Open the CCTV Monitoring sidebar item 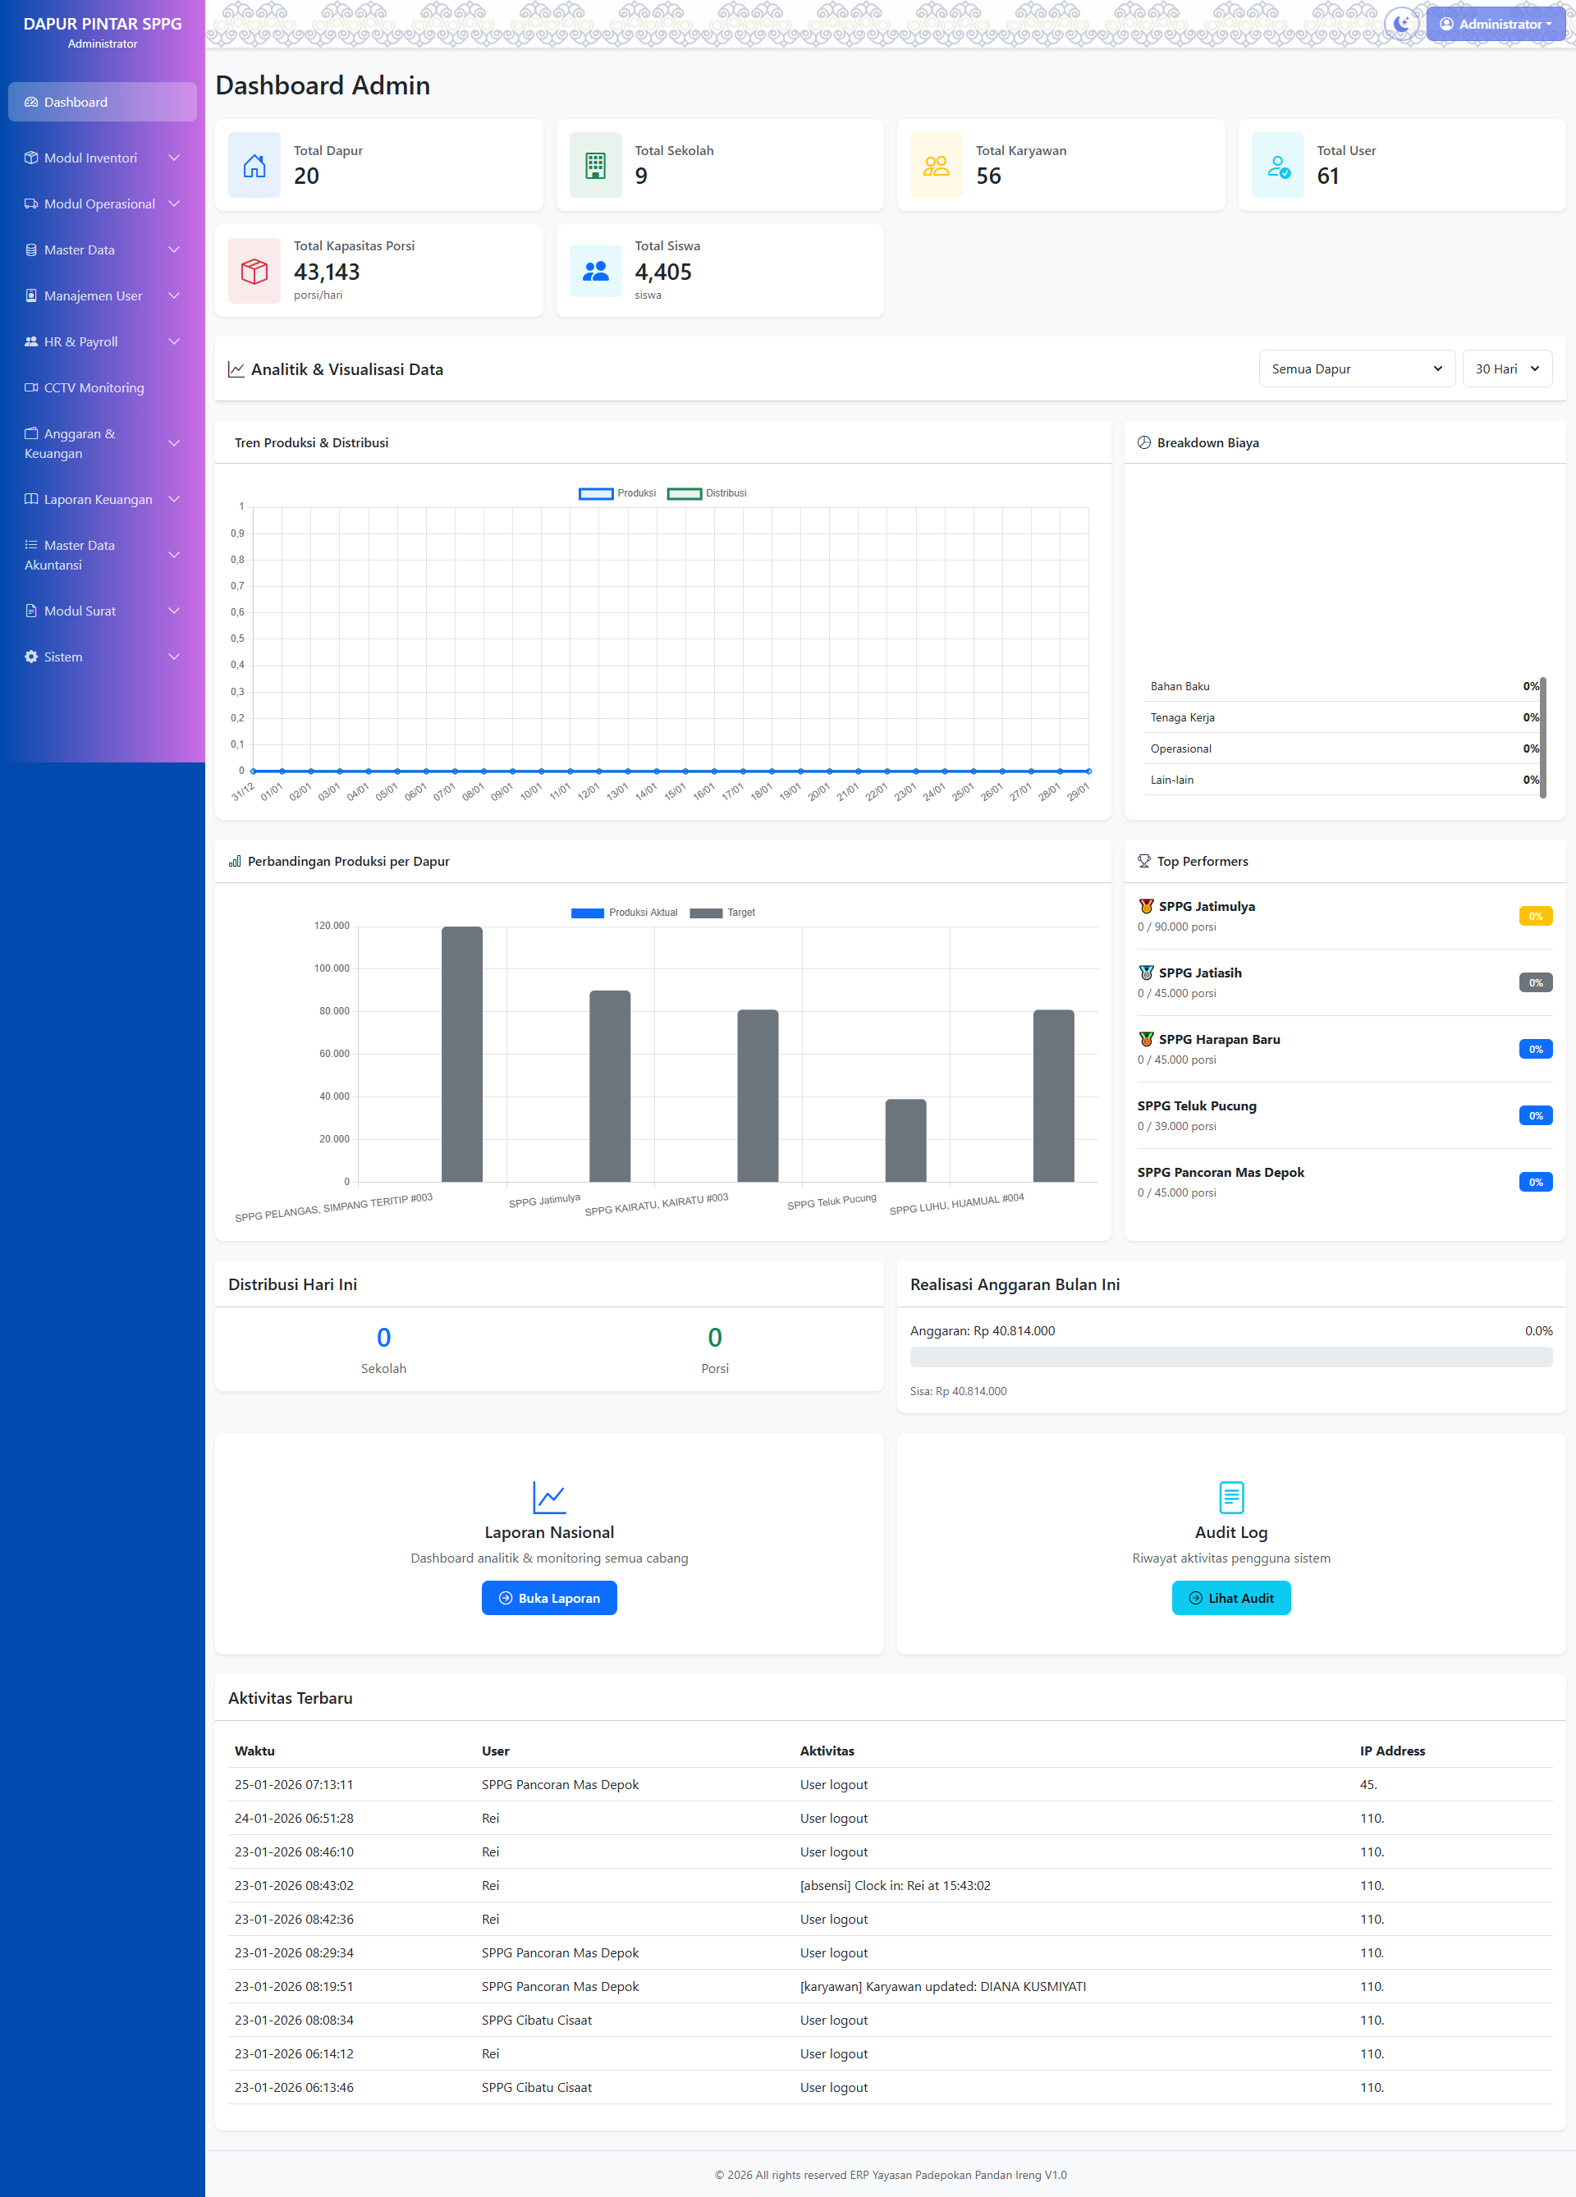click(93, 387)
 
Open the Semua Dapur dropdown click(1356, 369)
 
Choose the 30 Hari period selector click(1506, 369)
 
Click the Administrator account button click(1495, 25)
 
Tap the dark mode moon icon click(1400, 23)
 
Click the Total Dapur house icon click(254, 166)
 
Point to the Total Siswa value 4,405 click(662, 272)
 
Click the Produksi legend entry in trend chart click(617, 493)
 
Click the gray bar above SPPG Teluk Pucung click(905, 1140)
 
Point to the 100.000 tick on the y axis click(332, 968)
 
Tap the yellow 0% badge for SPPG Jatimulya click(1535, 917)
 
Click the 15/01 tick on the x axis click(676, 790)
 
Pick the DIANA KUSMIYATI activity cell click(942, 1986)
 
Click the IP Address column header click(1392, 1751)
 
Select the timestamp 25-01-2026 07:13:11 click(294, 1784)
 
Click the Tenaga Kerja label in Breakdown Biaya click(1182, 718)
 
